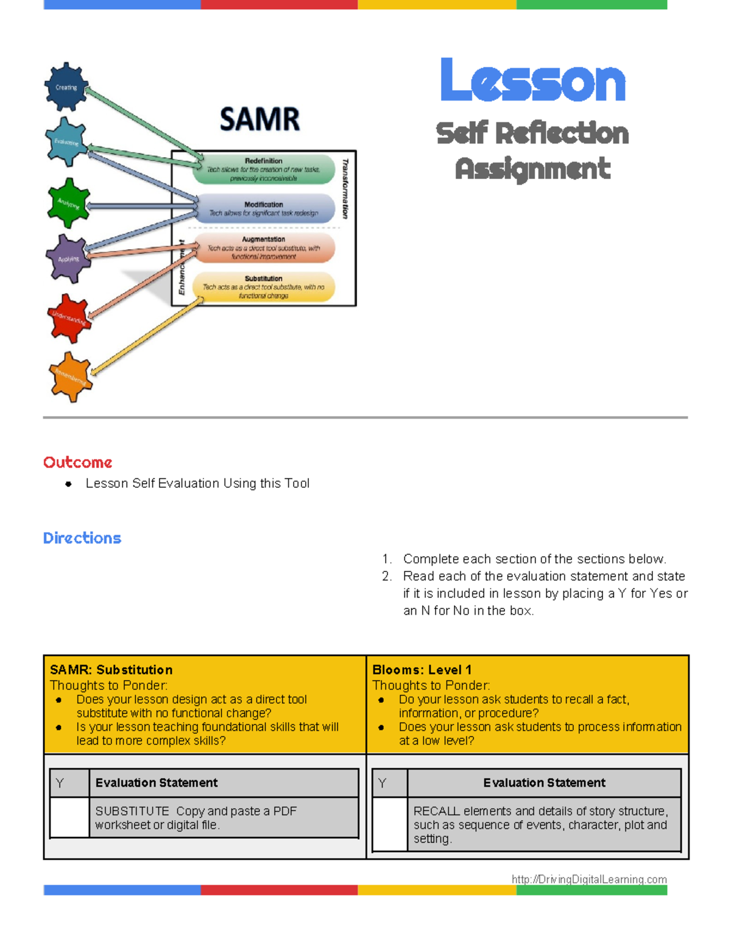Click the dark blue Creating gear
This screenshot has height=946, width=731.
(66, 87)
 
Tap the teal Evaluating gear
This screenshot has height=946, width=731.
(66, 142)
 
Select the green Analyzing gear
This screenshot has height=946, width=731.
(69, 203)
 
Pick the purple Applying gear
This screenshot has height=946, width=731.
(68, 259)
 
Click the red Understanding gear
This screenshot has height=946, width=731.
(69, 318)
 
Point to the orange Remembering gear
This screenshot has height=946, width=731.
(71, 377)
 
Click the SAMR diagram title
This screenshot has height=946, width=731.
(260, 119)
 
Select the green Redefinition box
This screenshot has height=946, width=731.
(264, 169)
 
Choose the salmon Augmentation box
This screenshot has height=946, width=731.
(264, 248)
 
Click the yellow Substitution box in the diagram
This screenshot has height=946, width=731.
(264, 287)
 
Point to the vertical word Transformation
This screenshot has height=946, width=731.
(346, 188)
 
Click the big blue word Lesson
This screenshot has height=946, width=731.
(533, 81)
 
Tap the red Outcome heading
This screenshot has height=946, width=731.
(77, 462)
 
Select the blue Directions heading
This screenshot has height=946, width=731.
(82, 538)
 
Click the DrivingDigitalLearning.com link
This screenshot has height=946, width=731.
(589, 879)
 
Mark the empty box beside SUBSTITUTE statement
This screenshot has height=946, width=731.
(69, 817)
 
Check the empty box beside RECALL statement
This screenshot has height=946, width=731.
(389, 824)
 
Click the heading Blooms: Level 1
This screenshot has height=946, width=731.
(422, 669)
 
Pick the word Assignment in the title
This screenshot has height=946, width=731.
(532, 169)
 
